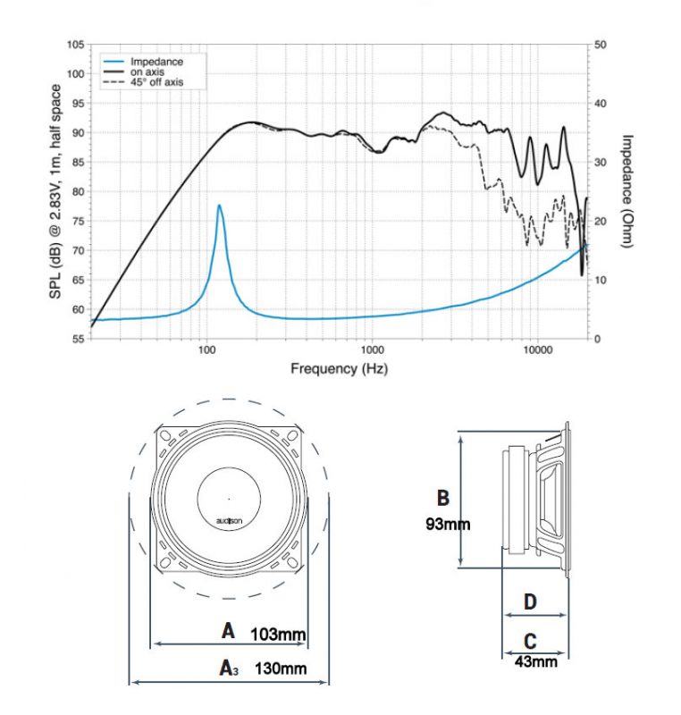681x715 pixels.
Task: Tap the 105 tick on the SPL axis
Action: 76,45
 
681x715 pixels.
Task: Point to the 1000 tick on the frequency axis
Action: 372,349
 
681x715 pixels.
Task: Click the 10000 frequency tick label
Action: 537,349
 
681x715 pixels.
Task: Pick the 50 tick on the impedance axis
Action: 601,45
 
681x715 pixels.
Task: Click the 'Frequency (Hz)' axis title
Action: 339,368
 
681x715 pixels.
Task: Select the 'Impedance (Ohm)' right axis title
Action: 627,191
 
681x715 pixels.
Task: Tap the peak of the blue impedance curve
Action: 219,206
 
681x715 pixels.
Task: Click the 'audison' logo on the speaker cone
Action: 229,521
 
